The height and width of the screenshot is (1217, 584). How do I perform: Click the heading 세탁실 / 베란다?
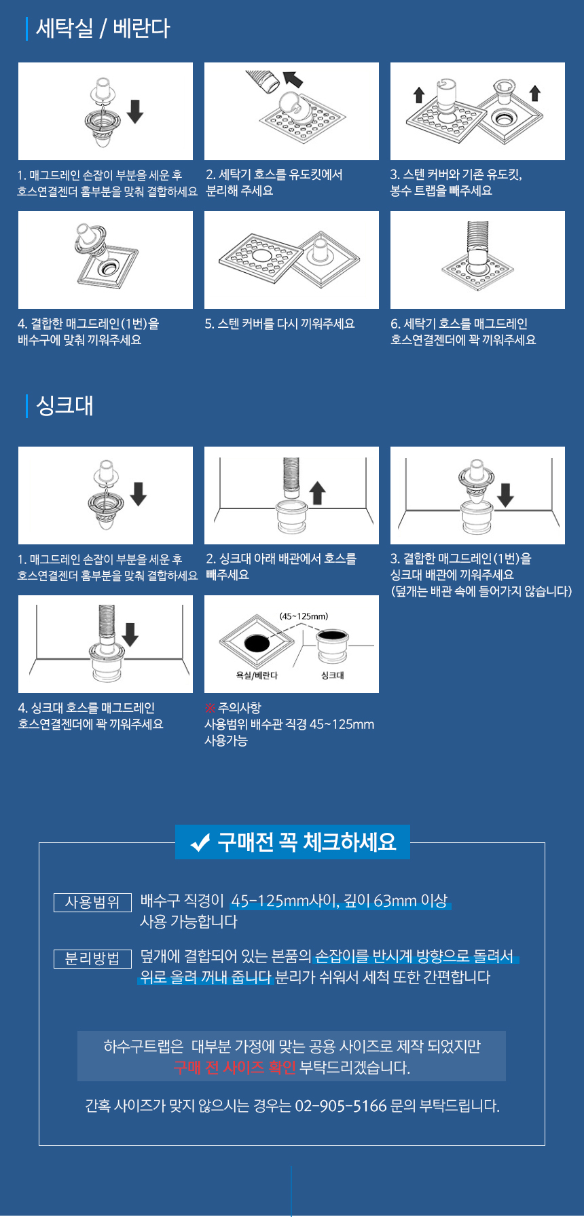click(x=103, y=29)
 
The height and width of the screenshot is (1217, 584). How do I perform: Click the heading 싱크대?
click(x=65, y=406)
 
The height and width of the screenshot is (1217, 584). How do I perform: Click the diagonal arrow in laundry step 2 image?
click(x=293, y=79)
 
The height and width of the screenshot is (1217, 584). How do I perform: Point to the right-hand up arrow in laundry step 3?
click(x=535, y=93)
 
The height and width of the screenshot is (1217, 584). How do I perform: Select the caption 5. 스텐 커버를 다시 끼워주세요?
click(x=280, y=324)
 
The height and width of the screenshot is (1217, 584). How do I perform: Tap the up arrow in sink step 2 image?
click(x=318, y=493)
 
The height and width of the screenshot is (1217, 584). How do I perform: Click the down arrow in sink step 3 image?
click(x=505, y=495)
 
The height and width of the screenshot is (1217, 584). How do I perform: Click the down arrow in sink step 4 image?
click(x=130, y=635)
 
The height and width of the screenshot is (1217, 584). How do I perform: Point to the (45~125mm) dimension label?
click(x=304, y=616)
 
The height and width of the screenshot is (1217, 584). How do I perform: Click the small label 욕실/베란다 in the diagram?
click(x=257, y=675)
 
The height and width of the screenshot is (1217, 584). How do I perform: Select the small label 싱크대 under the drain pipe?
click(x=333, y=675)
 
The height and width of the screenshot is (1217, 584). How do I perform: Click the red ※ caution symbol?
click(x=210, y=708)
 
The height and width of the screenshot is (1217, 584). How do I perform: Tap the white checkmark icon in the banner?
click(x=200, y=843)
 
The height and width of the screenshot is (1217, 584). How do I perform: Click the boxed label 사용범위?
click(x=92, y=903)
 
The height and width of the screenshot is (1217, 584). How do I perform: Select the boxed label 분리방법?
click(x=92, y=959)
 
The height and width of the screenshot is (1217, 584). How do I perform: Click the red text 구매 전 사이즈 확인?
click(x=235, y=1068)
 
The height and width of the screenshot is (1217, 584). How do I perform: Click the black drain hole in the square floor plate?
click(x=257, y=642)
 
